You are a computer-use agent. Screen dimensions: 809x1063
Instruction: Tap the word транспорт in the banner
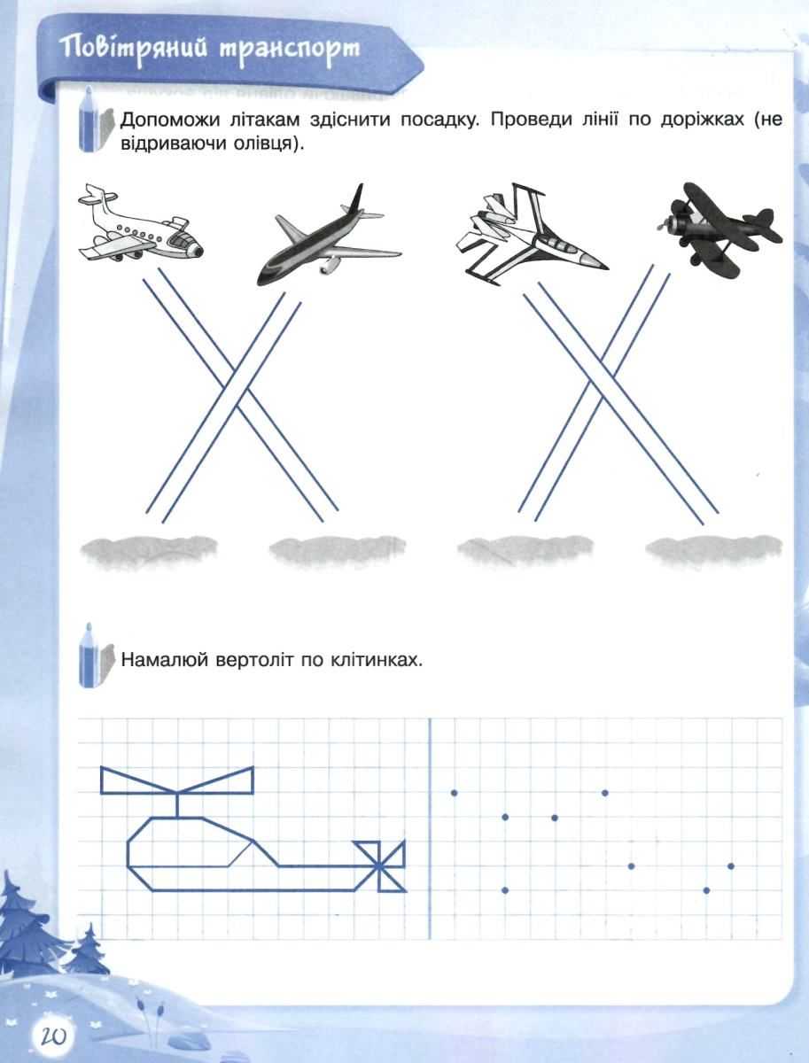[x=290, y=50]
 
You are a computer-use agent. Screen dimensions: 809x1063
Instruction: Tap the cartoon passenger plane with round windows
[x=141, y=222]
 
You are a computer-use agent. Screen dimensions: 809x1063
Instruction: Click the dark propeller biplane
[x=720, y=226]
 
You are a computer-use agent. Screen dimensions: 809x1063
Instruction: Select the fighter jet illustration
[x=532, y=233]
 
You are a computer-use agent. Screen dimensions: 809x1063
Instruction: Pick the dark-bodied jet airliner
[x=329, y=235]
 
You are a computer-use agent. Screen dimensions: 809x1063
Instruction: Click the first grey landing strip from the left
[x=149, y=551]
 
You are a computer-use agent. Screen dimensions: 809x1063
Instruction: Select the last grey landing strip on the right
[x=713, y=551]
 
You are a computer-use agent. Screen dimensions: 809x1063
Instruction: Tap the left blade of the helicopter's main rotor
[x=138, y=780]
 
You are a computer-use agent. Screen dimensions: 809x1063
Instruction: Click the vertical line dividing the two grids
[x=430, y=828]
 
